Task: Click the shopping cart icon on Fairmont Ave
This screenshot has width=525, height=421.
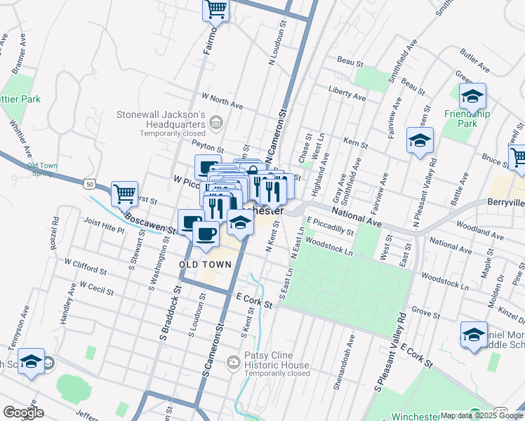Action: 216,10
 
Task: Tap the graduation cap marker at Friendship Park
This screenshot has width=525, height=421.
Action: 473,97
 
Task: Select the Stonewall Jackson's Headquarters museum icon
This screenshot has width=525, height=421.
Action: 216,124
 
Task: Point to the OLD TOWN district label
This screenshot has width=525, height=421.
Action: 206,265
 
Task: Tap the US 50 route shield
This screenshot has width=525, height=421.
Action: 88,184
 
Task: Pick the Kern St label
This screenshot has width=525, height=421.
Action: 356,144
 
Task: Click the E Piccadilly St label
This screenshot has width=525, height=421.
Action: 329,229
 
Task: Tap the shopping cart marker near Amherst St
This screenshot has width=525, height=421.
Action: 124,193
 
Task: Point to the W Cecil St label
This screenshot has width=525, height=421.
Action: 101,288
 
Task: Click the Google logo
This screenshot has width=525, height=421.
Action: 24,412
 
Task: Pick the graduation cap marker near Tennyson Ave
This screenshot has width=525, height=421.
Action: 31,361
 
